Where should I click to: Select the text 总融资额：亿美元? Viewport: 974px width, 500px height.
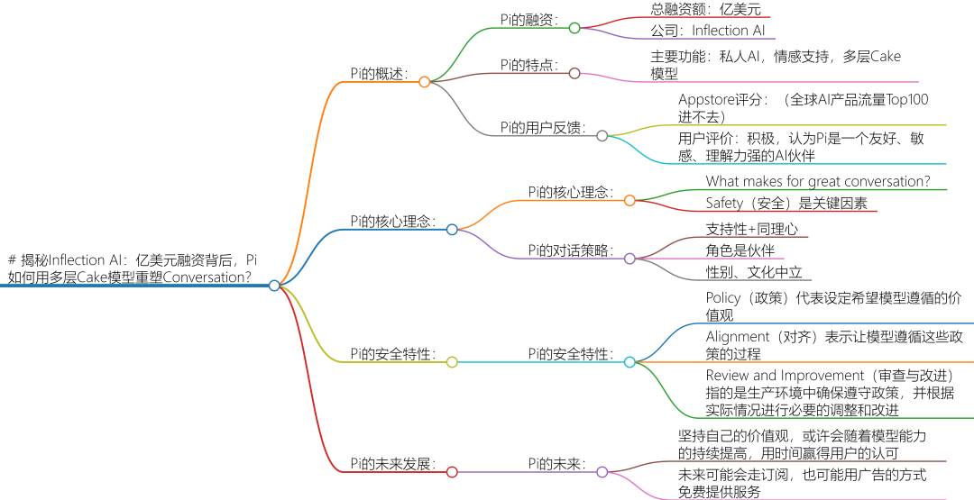pyautogui.click(x=706, y=10)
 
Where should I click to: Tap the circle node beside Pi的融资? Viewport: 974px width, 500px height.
pyautogui.click(x=574, y=28)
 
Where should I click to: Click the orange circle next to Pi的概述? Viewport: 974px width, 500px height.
pyautogui.click(x=425, y=82)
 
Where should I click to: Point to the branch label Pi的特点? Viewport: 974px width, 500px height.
pyautogui.click(x=529, y=65)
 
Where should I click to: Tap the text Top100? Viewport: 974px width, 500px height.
pyautogui.click(x=906, y=100)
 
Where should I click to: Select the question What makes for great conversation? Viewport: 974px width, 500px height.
pyautogui.click(x=818, y=181)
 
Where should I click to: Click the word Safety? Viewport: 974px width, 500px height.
pyautogui.click(x=725, y=204)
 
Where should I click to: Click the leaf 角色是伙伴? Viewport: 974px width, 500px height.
pyautogui.click(x=740, y=250)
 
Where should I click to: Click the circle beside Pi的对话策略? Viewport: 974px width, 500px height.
pyautogui.click(x=630, y=258)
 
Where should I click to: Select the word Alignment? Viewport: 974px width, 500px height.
pyautogui.click(x=738, y=337)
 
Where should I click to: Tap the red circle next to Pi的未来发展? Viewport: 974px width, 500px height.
pyautogui.click(x=452, y=471)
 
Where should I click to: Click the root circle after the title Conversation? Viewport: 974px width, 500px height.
pyautogui.click(x=274, y=285)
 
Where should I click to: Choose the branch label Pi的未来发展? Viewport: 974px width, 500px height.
pyautogui.click(x=391, y=464)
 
